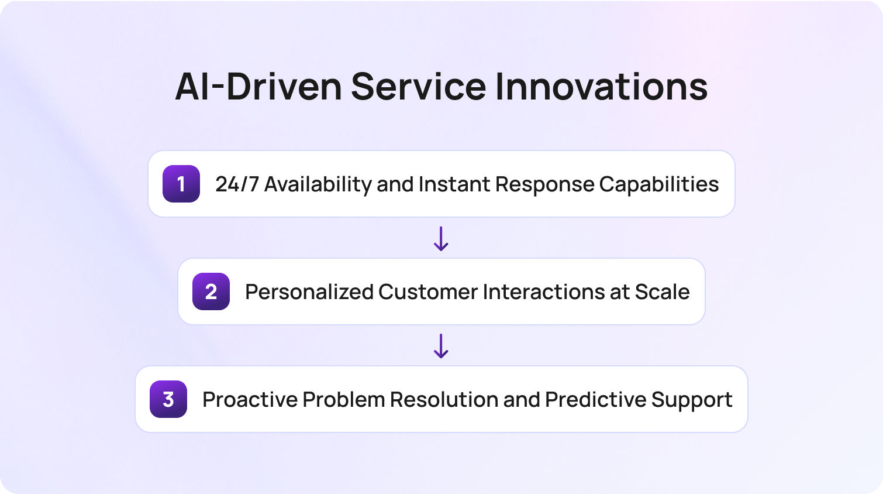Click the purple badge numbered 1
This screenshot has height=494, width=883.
(x=181, y=184)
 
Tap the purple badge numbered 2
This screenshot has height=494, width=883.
(x=211, y=291)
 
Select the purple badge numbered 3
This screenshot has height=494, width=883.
(x=168, y=399)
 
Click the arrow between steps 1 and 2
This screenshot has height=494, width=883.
(x=441, y=238)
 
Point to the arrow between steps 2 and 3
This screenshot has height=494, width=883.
(x=441, y=346)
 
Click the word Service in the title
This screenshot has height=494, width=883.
(x=418, y=87)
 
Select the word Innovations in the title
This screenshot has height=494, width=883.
(x=601, y=87)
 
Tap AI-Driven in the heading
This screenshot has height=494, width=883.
(x=258, y=87)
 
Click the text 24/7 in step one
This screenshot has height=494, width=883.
(x=237, y=184)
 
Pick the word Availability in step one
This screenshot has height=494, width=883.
(x=318, y=184)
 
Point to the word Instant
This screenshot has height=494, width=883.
(x=454, y=184)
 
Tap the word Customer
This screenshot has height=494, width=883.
(x=427, y=292)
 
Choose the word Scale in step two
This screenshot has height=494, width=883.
(x=662, y=292)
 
